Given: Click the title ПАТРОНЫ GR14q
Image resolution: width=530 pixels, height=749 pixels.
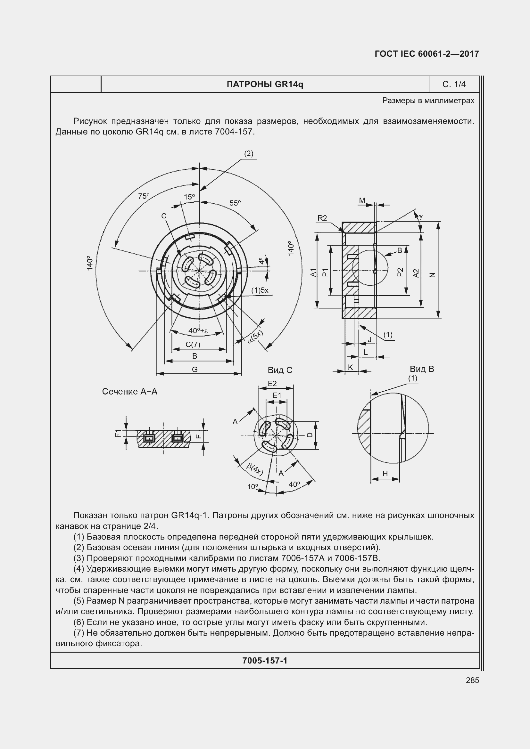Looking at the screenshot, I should tap(265, 85).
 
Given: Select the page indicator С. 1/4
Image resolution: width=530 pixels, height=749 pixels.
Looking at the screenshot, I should tap(454, 85).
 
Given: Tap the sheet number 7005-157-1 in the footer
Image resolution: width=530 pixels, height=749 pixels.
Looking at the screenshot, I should tap(265, 661).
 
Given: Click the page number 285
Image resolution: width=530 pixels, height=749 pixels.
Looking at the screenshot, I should tap(472, 680).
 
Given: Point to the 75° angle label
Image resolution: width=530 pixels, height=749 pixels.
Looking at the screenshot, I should tap(144, 196).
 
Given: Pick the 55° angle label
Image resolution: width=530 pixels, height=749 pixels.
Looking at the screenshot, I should tap(235, 203).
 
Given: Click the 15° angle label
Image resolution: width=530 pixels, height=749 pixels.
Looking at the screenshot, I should tap(189, 197).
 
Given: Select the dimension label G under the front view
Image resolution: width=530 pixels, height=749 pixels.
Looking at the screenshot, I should tap(195, 369).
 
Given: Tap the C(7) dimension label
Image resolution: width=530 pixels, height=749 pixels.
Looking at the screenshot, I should tap(193, 344).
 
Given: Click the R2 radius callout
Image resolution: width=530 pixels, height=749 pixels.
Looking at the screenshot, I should tap(322, 218).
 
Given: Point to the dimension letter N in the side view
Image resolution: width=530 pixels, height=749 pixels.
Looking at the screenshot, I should tap(433, 275).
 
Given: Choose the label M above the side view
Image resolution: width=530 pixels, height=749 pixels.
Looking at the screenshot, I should tap(362, 201).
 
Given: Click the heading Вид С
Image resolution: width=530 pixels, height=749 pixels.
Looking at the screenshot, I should tap(280, 370).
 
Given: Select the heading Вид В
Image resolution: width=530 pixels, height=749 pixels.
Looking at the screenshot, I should tap(422, 369).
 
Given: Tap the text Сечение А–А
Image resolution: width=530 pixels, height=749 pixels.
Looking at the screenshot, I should tap(129, 391).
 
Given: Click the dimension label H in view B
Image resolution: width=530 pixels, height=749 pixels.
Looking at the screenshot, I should tap(385, 473).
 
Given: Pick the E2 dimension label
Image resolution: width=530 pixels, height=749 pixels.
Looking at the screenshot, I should tap(272, 384).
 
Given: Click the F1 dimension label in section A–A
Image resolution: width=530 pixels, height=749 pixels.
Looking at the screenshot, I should tap(118, 433).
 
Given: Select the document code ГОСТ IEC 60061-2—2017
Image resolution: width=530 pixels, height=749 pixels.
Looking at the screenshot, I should tap(426, 54).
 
